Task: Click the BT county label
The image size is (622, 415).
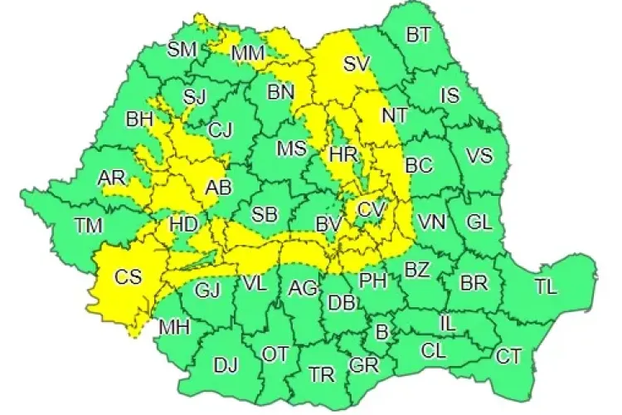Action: click(419, 34)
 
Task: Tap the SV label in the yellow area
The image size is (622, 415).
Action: click(357, 63)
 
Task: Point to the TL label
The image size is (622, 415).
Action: click(545, 287)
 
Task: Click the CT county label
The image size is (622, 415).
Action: click(508, 357)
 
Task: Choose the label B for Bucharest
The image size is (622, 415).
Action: click(381, 333)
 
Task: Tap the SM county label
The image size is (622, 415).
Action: click(182, 49)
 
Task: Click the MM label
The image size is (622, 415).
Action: click(248, 54)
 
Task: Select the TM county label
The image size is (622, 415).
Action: click(89, 225)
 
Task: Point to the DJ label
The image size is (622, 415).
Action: click(226, 364)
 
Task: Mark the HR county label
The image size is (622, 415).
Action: click(342, 155)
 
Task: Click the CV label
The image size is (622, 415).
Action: click(372, 209)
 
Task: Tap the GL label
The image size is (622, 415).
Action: click(479, 222)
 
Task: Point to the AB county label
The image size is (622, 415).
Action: click(217, 188)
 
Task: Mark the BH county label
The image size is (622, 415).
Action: click(139, 120)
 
